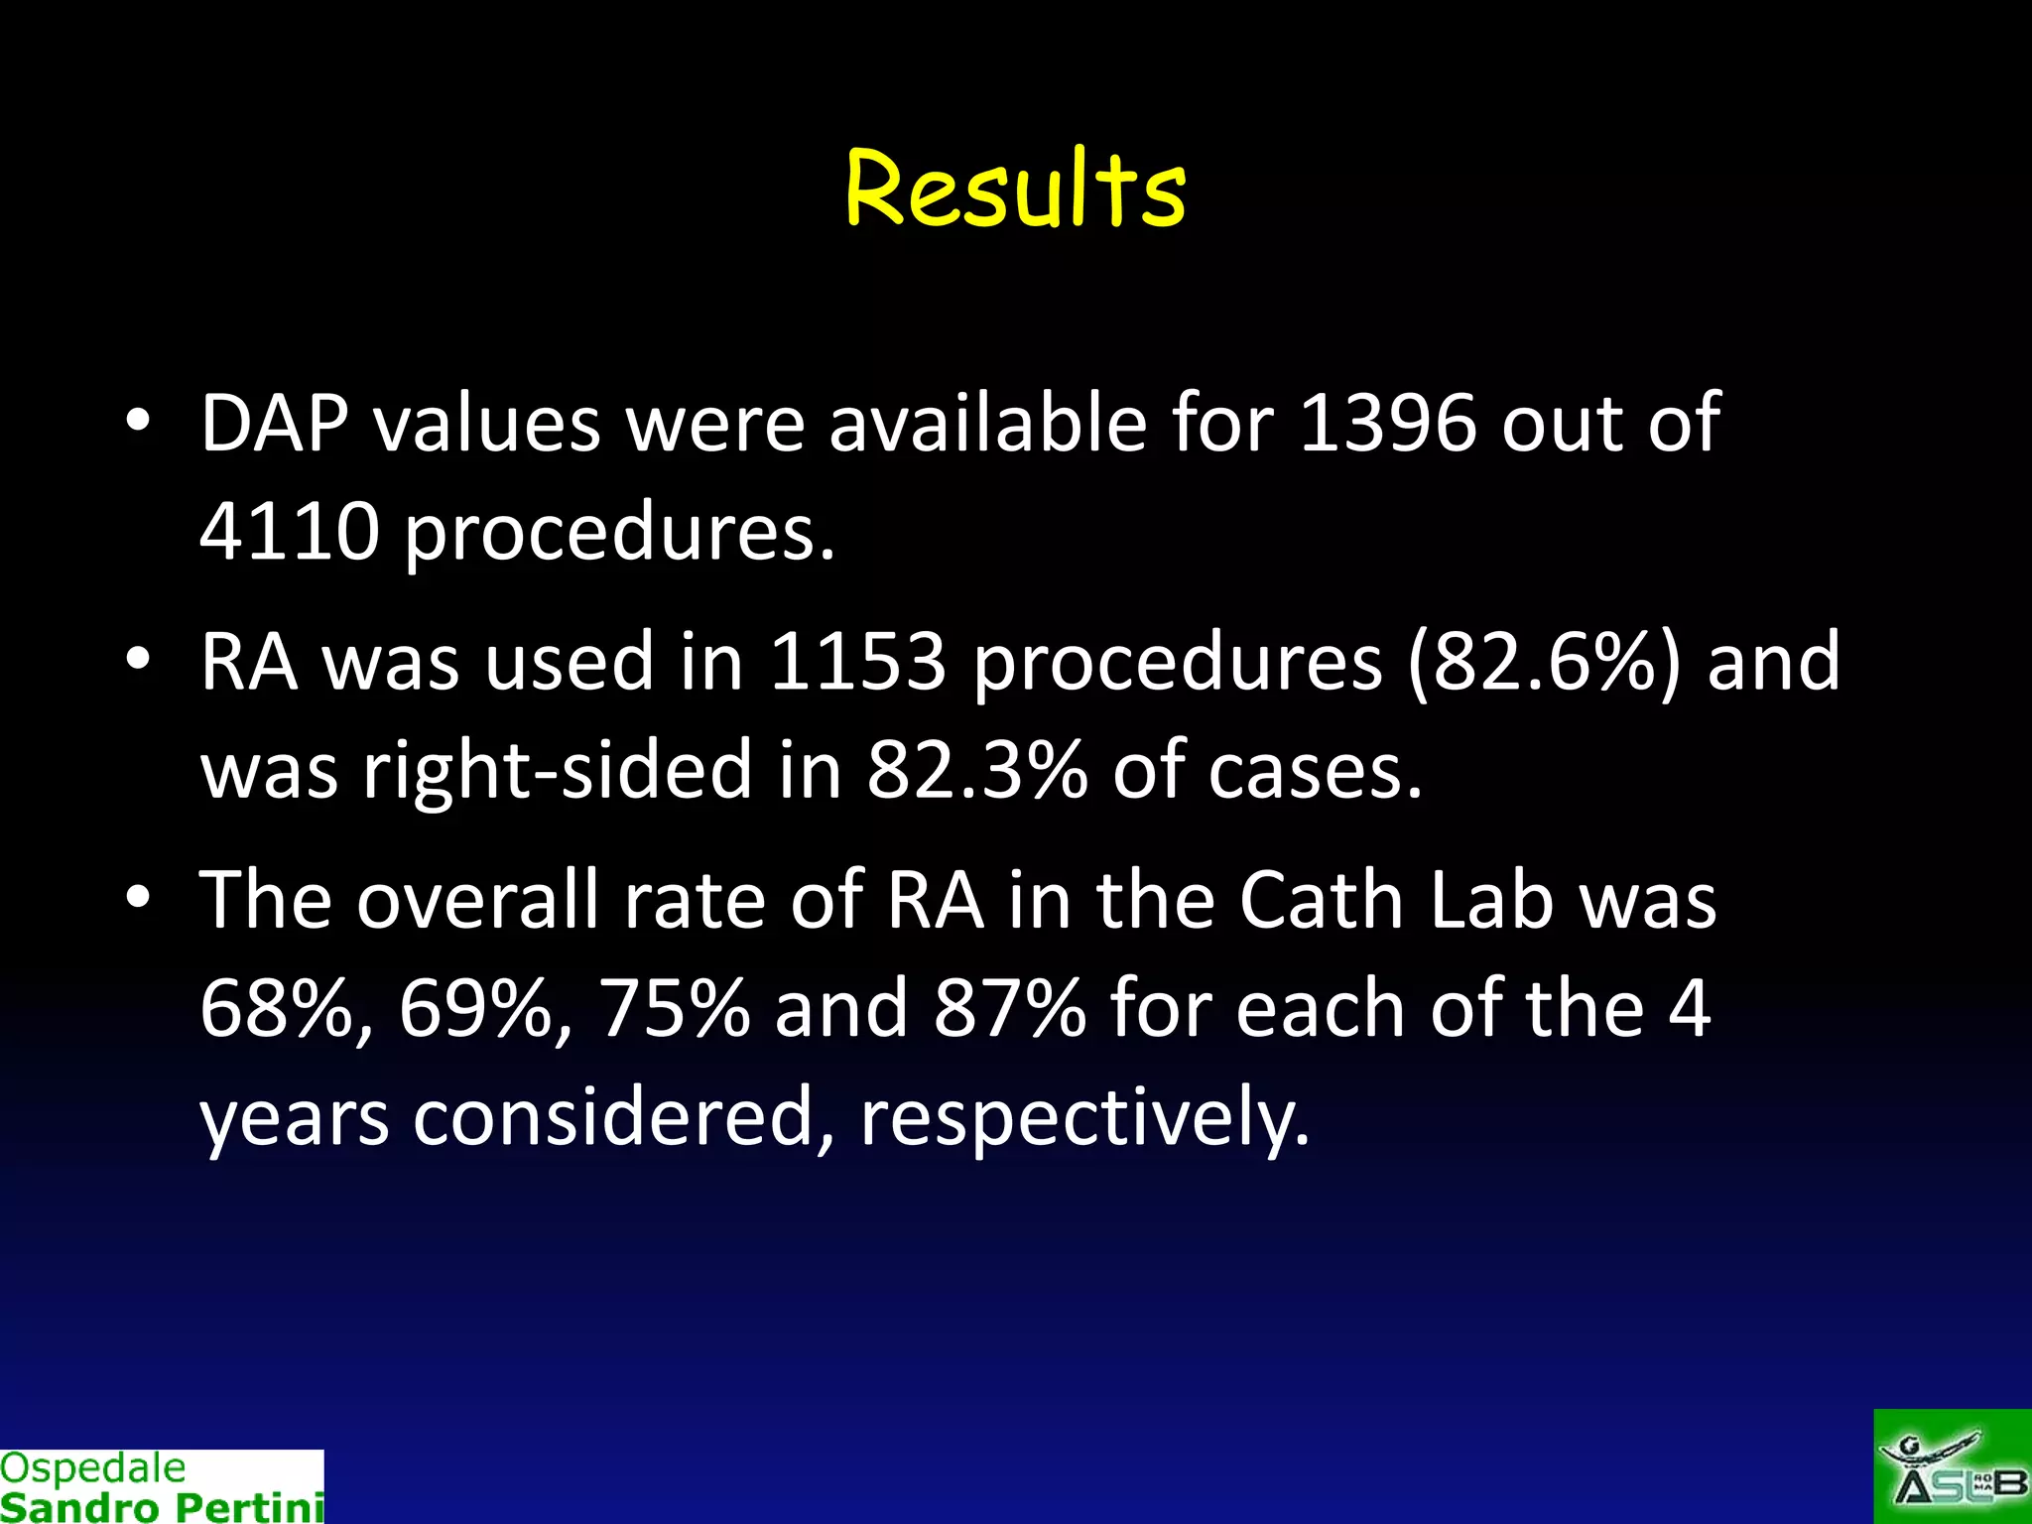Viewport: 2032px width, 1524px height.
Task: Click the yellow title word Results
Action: click(x=1015, y=189)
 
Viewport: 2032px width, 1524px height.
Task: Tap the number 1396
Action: click(x=1386, y=424)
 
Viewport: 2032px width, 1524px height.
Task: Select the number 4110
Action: click(x=289, y=531)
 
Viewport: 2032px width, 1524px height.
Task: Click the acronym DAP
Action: click(x=274, y=424)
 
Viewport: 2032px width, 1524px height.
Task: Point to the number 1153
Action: click(x=857, y=662)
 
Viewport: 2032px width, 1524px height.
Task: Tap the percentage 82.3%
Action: click(x=976, y=769)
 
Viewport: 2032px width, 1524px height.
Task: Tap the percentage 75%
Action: click(x=675, y=1008)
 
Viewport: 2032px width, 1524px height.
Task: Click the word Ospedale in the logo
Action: click(x=92, y=1468)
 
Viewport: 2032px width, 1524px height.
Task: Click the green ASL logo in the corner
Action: click(x=1952, y=1466)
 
